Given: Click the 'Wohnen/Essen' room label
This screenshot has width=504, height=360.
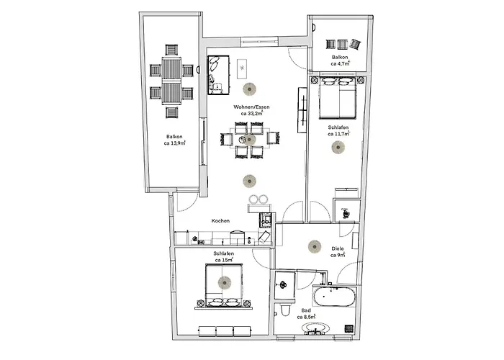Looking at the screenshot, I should [247, 107].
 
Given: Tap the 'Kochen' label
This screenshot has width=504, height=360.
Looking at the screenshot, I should [220, 221].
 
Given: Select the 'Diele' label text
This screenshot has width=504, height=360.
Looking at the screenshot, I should [337, 248].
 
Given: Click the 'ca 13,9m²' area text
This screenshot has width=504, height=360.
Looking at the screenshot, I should [174, 143].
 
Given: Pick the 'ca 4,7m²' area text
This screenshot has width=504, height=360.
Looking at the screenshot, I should [340, 63].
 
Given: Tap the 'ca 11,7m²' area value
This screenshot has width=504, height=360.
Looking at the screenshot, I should [338, 133].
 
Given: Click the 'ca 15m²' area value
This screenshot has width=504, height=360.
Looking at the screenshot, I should [223, 260].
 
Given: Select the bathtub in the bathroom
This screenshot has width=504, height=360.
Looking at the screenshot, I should [334, 297].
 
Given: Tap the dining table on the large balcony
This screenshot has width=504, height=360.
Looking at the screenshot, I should [172, 81].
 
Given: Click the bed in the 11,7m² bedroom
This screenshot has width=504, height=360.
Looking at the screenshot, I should [338, 100].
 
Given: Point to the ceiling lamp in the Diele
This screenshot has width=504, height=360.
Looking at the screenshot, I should [314, 246].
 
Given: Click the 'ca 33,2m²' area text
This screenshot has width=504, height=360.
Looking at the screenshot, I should [247, 114].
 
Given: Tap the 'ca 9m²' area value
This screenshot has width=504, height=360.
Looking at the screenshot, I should [337, 255].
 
